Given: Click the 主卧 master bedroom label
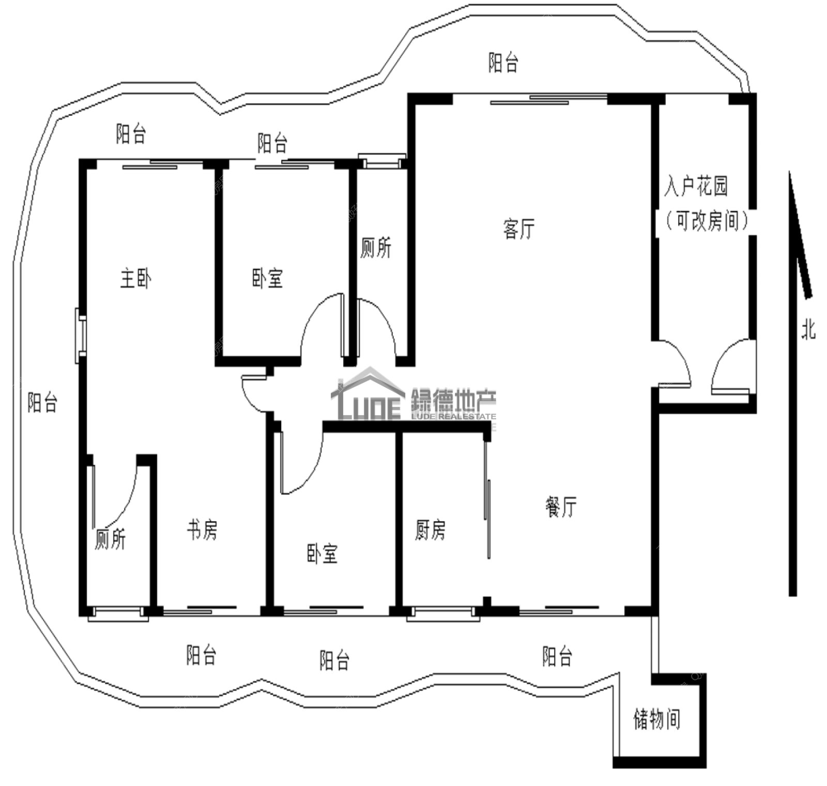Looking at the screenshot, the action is tap(136, 278).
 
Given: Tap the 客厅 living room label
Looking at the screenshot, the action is tap(519, 229).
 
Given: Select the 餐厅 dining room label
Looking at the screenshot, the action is tap(561, 506).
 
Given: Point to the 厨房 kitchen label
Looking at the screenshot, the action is tap(430, 530).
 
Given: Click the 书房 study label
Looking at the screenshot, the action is tap(202, 530).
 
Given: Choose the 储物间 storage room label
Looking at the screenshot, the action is tap(657, 719).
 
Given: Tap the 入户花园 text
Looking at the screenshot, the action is tap(696, 186).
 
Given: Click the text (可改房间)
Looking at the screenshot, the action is tap(707, 221).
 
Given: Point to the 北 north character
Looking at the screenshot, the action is tap(808, 329).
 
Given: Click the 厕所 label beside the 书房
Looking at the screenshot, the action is tap(110, 539).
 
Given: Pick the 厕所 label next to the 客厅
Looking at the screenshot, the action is tap(376, 247).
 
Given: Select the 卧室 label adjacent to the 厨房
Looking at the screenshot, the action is tap(322, 553).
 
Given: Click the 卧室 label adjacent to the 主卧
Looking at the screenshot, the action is tap(268, 278).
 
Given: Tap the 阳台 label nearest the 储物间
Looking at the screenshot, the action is tap(557, 656).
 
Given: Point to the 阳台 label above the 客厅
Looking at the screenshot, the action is tap(503, 62).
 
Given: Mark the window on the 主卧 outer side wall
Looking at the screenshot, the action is tap(81, 335).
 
